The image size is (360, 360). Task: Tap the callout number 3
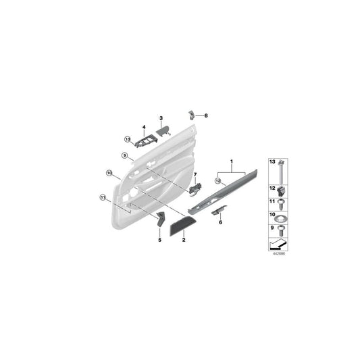point(161,118)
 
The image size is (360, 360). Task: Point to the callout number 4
point(144,127)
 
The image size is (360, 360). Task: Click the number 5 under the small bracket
point(160,239)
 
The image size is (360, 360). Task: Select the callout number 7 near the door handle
point(196,176)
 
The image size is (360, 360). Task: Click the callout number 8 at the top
point(207,115)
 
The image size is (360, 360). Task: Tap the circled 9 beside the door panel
point(125,156)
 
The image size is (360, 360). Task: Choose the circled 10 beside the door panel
point(109,174)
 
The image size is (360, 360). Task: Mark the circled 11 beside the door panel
point(103,198)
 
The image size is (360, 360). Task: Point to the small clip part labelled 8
point(192,115)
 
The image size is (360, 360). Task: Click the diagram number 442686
point(278,254)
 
